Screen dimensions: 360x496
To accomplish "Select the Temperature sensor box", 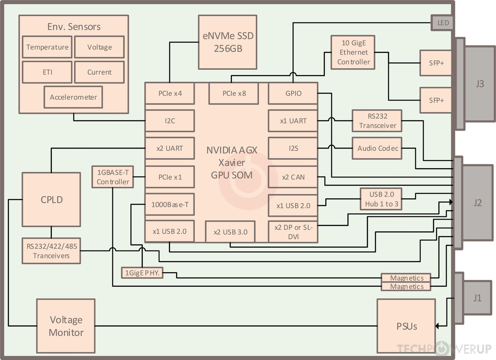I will [47, 47].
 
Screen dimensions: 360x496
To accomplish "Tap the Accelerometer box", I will [73, 97].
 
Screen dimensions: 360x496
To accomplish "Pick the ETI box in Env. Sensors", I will [47, 72].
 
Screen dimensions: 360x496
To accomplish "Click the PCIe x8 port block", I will [234, 94].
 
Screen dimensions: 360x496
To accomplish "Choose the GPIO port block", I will [293, 94].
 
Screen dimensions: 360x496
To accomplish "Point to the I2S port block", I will [293, 148].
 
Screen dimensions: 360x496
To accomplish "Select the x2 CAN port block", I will [293, 177].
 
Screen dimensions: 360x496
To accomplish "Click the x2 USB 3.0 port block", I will [230, 232].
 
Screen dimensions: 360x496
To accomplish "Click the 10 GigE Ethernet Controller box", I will [353, 52].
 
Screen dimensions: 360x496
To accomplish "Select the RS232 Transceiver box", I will [377, 121].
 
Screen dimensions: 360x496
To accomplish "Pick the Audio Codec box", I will [377, 148].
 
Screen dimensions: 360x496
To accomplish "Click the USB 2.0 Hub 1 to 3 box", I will [381, 198].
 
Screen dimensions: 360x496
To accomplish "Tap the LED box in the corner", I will [442, 23].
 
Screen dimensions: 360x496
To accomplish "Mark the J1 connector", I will [477, 298].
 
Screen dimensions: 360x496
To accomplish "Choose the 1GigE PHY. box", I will [142, 272].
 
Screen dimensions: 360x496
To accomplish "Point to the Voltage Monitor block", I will [66, 326].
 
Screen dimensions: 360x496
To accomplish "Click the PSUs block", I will [406, 326].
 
